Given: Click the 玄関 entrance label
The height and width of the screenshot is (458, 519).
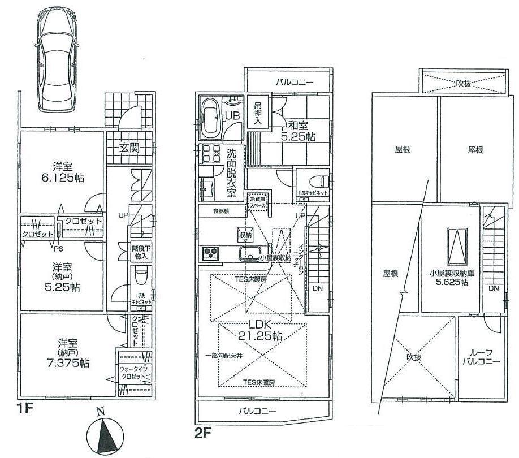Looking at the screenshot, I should pyautogui.click(x=129, y=149).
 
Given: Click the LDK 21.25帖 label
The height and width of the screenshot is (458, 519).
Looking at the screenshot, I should pyautogui.click(x=261, y=329).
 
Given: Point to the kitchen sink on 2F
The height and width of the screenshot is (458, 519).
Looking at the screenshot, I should pyautogui.click(x=250, y=254).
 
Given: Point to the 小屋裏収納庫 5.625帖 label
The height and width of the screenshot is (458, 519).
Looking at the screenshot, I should pyautogui.click(x=447, y=278).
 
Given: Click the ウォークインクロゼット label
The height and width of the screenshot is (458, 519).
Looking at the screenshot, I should pyautogui.click(x=133, y=373).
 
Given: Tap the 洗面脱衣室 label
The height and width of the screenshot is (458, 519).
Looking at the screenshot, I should pyautogui.click(x=231, y=172).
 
